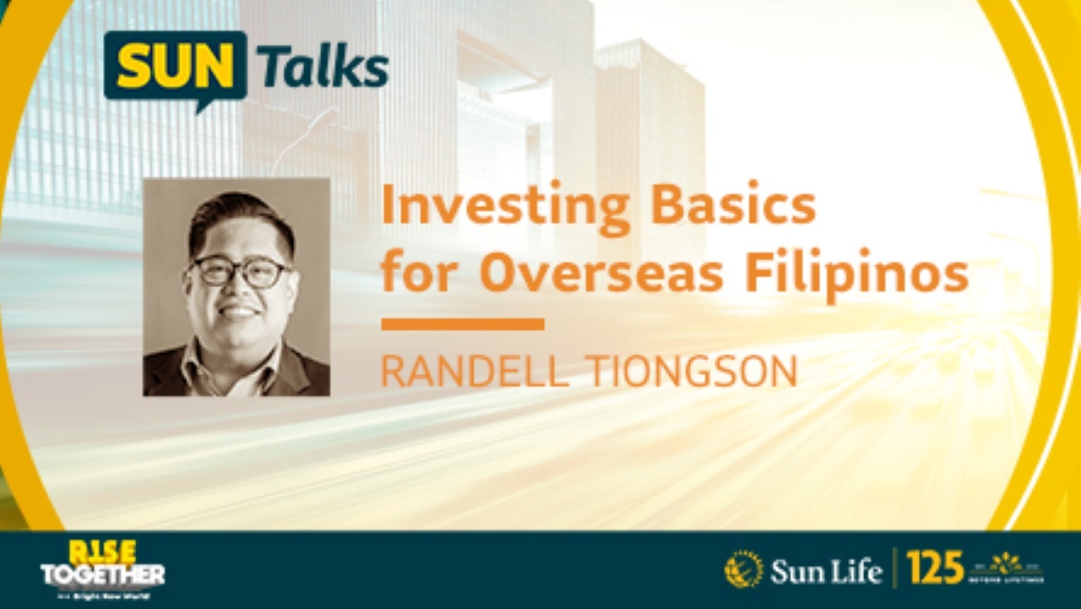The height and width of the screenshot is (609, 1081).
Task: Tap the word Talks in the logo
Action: coord(323,68)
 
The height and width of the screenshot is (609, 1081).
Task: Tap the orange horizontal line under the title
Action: coord(462,324)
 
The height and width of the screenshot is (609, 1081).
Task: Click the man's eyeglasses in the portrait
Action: coord(240,272)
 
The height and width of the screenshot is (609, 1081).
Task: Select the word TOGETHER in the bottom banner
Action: coord(102,575)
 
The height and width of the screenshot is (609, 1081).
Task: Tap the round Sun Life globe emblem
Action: coord(744,569)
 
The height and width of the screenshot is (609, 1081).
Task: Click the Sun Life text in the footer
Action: coord(825,571)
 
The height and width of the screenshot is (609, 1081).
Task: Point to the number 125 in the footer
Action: coord(935,568)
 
